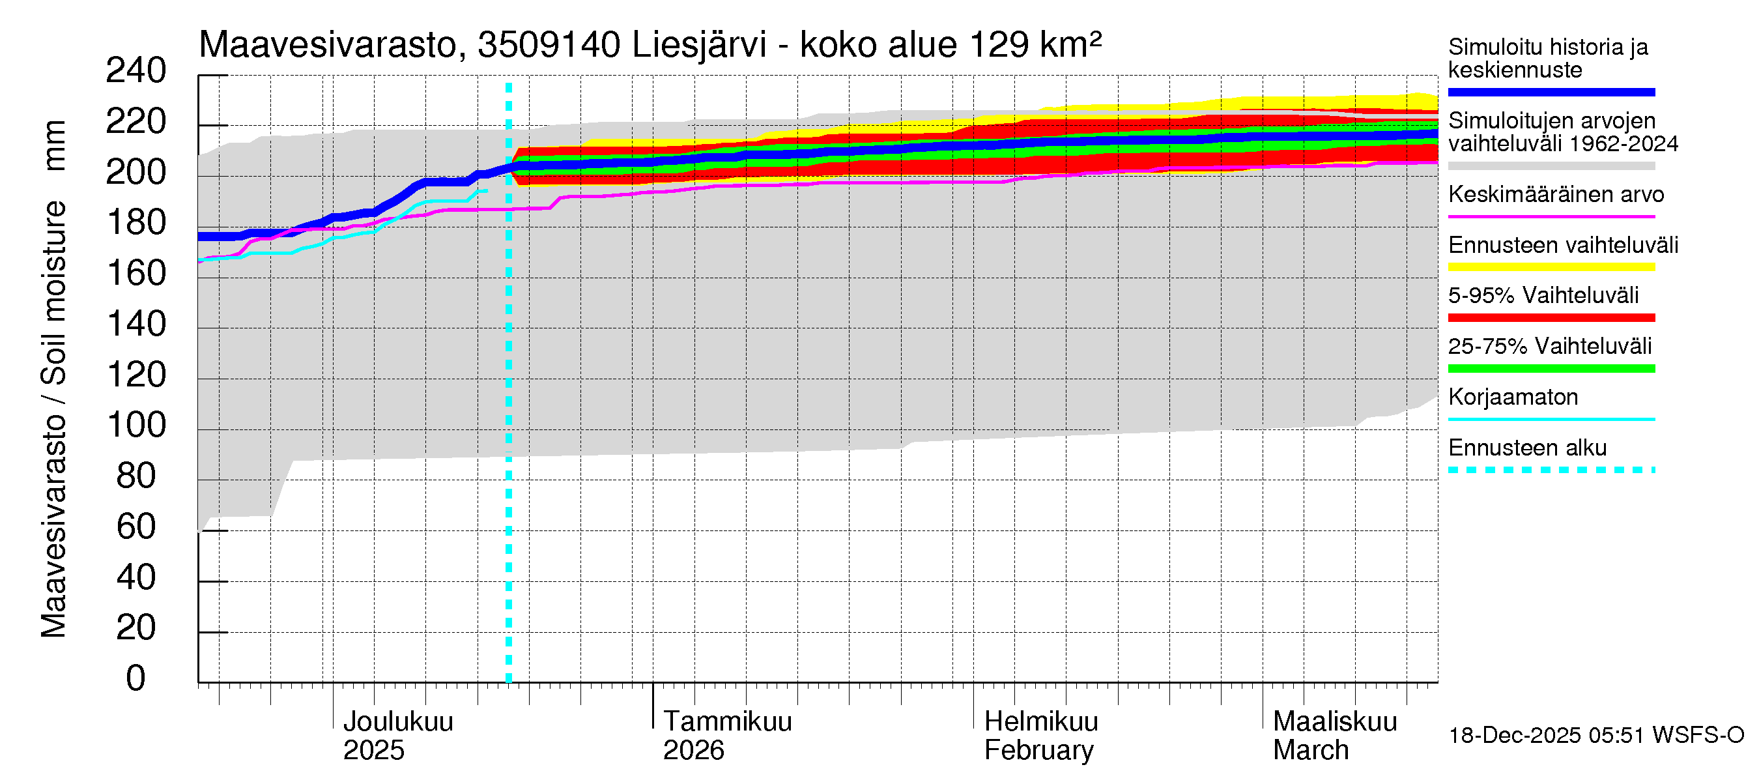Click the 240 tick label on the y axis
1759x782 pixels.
[x=136, y=71]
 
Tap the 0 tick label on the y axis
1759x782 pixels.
[x=136, y=678]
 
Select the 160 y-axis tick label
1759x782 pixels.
[x=136, y=273]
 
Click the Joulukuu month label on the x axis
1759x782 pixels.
[x=397, y=721]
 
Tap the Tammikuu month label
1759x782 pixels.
[x=727, y=721]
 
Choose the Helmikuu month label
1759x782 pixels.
[x=1040, y=721]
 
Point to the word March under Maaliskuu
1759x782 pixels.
[x=1310, y=750]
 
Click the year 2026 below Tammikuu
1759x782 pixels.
[x=693, y=750]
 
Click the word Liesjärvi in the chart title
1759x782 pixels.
[x=699, y=46]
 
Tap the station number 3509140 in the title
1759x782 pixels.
[x=549, y=46]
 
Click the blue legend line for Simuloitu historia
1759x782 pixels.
[x=1551, y=92]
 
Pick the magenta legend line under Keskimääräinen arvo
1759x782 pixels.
[x=1551, y=216]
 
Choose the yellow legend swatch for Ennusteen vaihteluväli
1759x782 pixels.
[x=1551, y=267]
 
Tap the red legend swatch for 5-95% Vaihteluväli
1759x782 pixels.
[x=1551, y=317]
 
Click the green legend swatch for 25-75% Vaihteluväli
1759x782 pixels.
[x=1551, y=369]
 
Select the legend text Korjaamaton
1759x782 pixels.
[x=1513, y=397]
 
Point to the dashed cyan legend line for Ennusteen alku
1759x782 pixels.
[x=1551, y=470]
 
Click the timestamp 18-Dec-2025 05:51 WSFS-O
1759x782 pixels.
[x=1595, y=735]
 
